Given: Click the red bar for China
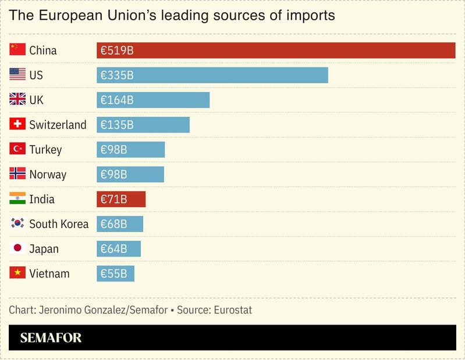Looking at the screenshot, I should click(276, 51).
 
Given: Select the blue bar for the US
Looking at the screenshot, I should click(212, 76).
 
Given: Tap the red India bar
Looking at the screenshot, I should click(121, 199).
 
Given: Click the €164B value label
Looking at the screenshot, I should click(117, 100).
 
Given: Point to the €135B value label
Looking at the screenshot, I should click(117, 125).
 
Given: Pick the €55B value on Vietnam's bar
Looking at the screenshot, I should click(114, 274).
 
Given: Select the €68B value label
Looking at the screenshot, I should click(114, 224).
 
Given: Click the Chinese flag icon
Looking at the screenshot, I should click(17, 50).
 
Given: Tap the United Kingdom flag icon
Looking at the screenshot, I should click(17, 99).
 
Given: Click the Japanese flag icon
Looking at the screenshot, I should click(17, 248).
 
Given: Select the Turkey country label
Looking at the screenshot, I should click(45, 150).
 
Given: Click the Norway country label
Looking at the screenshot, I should click(48, 174).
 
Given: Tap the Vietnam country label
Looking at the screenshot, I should click(49, 274).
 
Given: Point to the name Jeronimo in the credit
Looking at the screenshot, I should click(61, 310).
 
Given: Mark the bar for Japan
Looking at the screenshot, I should click(119, 249).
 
